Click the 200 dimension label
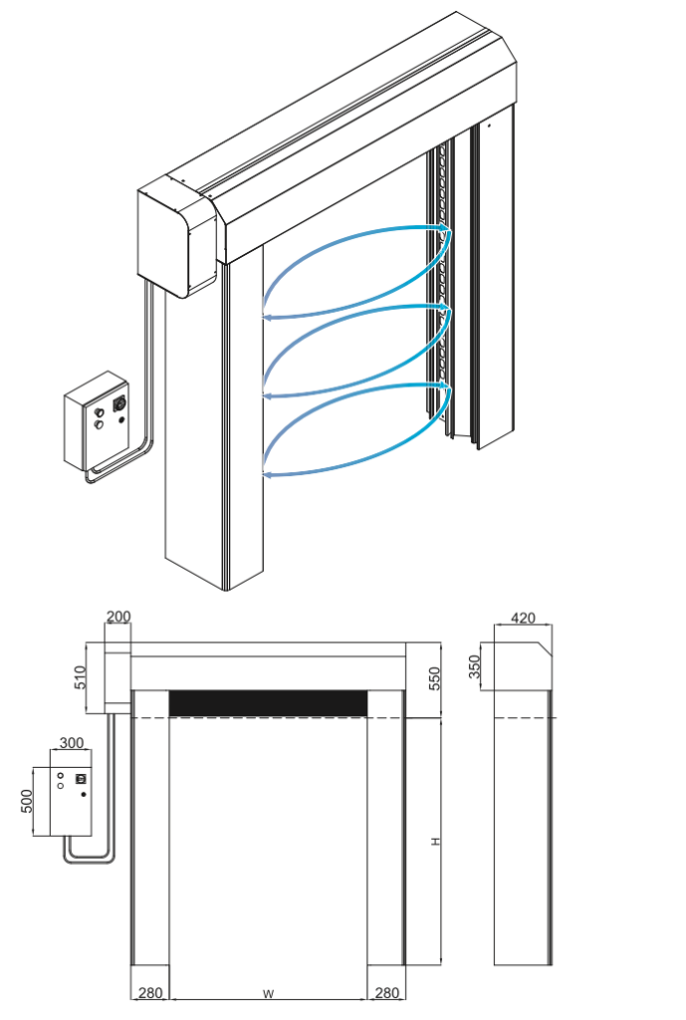118,618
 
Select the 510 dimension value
81,677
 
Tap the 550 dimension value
433,679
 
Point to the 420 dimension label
523,619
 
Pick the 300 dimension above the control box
72,743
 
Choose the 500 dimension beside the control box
27,801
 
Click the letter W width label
268,993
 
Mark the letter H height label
435,842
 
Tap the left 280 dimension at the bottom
149,993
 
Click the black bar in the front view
268,702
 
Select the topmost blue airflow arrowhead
448,233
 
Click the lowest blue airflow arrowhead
267,471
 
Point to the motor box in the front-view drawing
117,677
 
